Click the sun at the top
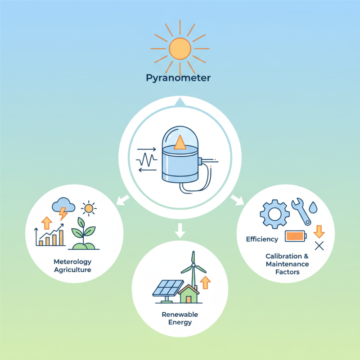(180, 48)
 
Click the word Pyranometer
(179, 78)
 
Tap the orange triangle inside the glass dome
(180, 143)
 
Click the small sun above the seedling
(89, 208)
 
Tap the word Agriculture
(72, 270)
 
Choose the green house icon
(189, 295)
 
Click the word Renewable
(180, 314)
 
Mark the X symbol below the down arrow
(319, 246)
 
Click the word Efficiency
(262, 239)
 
